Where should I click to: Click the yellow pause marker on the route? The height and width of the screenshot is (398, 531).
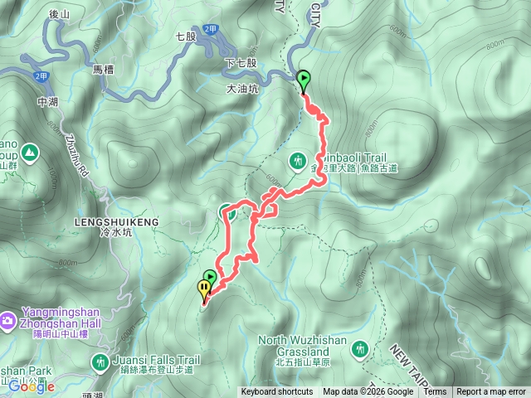[x=204, y=289]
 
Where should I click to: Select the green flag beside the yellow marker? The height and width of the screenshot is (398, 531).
[x=211, y=277]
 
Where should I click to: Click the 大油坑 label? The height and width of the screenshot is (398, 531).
[x=241, y=88]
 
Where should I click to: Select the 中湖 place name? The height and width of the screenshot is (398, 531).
[x=48, y=102]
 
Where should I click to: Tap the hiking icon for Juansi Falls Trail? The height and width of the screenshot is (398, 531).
[x=100, y=362]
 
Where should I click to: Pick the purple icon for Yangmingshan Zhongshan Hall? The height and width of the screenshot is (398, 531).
[x=7, y=319]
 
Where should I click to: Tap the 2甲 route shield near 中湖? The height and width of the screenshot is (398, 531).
[x=41, y=75]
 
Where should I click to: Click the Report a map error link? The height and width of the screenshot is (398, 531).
[x=492, y=392]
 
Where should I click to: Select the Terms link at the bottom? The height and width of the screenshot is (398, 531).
[x=435, y=392]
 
